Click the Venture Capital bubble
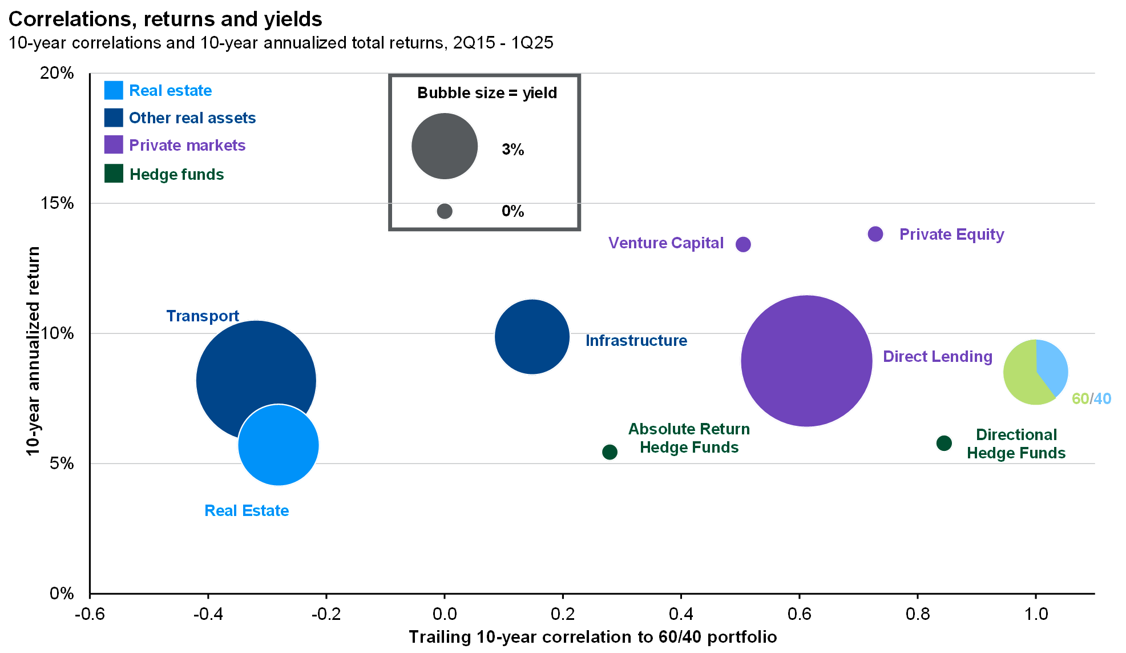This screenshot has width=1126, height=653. (743, 244)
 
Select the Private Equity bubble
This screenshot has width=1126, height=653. (875, 234)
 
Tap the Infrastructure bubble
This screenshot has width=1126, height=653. (532, 337)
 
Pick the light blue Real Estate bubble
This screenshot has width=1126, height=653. (279, 445)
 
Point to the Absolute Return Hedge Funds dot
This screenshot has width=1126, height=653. (610, 452)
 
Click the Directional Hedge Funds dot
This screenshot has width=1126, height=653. (944, 443)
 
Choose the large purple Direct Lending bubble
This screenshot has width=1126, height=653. (806, 361)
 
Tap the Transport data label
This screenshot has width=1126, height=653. (203, 316)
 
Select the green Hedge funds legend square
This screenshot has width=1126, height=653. (114, 174)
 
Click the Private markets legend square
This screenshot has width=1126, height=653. (114, 145)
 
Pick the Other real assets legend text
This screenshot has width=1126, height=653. (192, 118)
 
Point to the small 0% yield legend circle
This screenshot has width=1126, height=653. (445, 211)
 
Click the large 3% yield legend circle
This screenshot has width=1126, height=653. (445, 146)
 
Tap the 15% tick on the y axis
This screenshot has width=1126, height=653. (57, 203)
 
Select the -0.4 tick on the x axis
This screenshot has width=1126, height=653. (208, 614)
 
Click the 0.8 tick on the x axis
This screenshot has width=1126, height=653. (918, 614)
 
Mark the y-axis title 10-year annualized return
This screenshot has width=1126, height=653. (34, 351)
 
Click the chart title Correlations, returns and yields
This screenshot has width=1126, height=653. (166, 19)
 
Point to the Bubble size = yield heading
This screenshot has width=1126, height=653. (487, 93)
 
